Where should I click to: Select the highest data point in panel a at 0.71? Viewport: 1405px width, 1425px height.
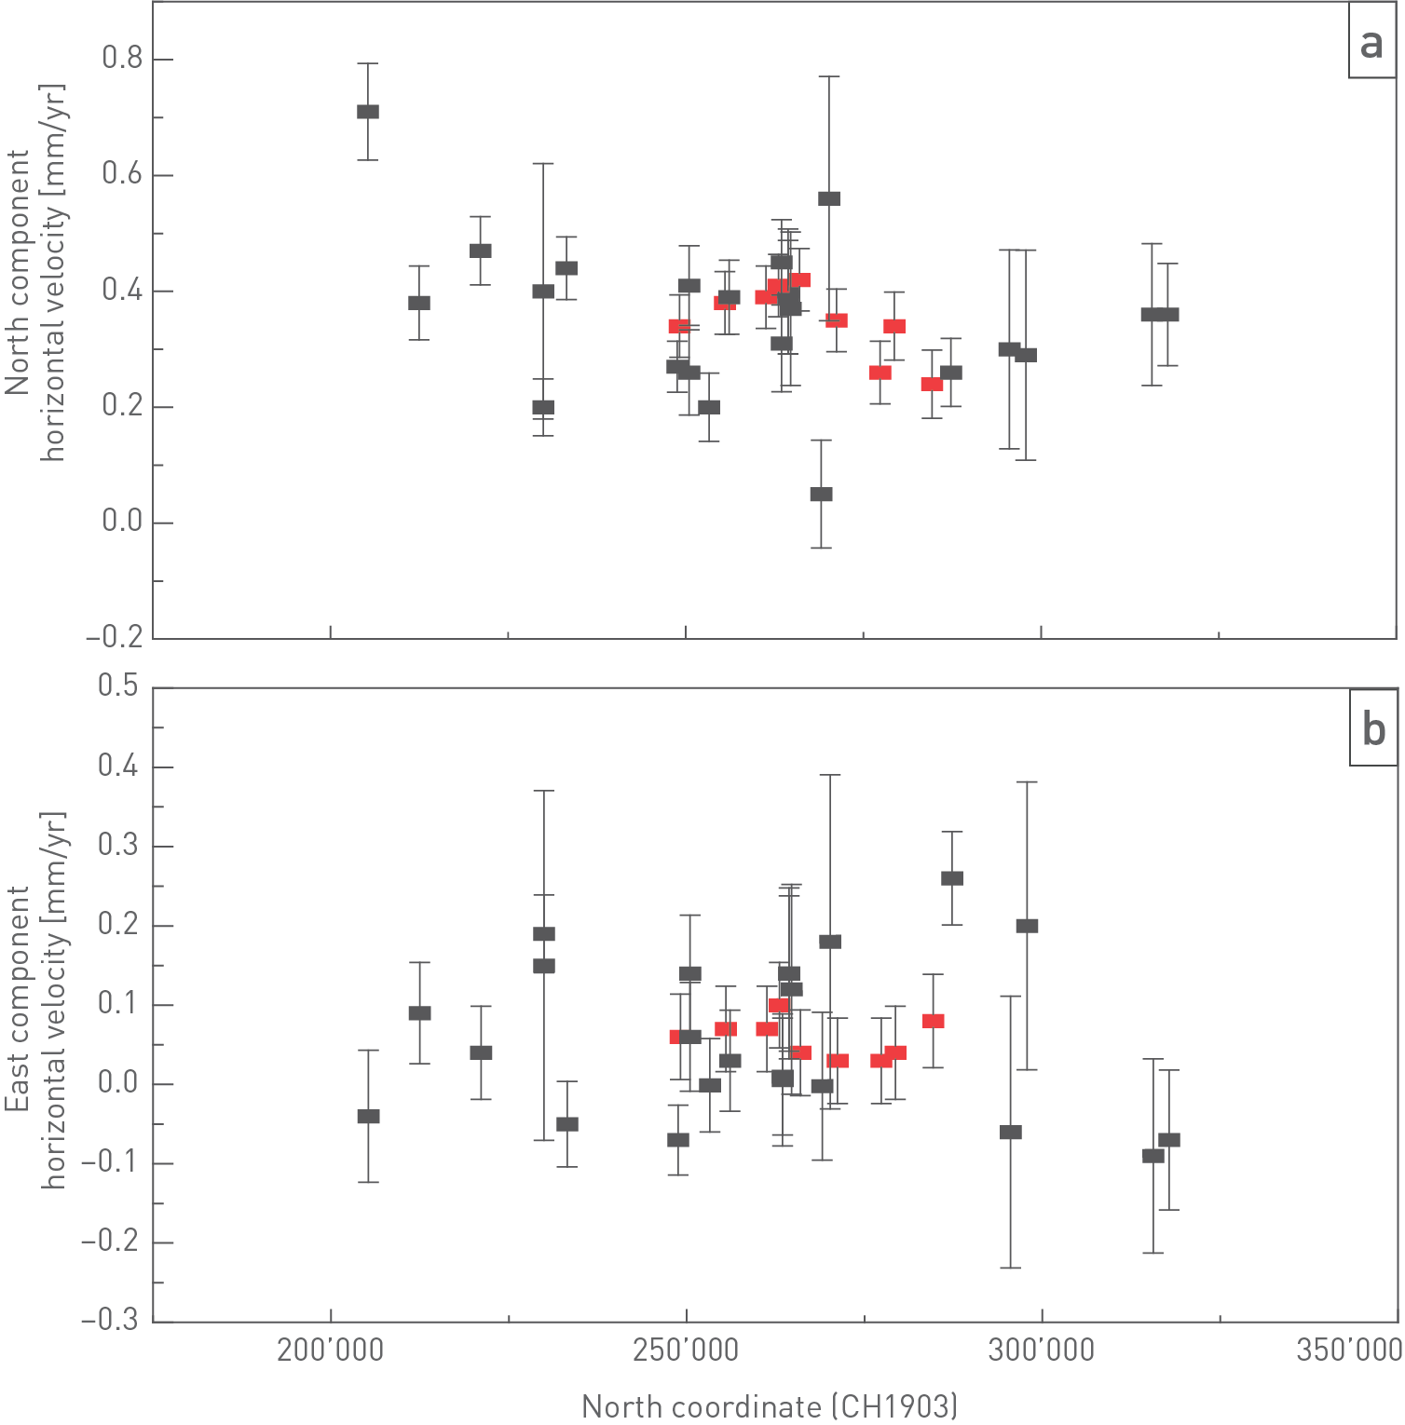368,112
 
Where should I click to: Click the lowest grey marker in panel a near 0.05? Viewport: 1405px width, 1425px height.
821,495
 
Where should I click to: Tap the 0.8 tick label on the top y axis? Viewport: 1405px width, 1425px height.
122,59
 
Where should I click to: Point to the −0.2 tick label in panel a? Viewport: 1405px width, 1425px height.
115,638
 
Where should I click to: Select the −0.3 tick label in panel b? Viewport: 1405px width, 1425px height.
110,1321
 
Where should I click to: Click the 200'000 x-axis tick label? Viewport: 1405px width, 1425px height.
330,1350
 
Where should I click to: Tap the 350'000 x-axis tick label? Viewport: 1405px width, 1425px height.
1348,1350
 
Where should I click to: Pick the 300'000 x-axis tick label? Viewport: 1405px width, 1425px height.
1041,1350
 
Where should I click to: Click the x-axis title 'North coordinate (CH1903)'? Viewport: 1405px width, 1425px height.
770,1405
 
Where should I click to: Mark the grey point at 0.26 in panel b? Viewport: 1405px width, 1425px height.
951,878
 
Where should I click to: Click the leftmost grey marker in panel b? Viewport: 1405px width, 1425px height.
368,1116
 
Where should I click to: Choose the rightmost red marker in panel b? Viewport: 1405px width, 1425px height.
933,1021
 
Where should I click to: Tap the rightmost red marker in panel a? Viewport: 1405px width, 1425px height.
932,384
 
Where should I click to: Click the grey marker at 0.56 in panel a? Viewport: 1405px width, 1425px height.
829,198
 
